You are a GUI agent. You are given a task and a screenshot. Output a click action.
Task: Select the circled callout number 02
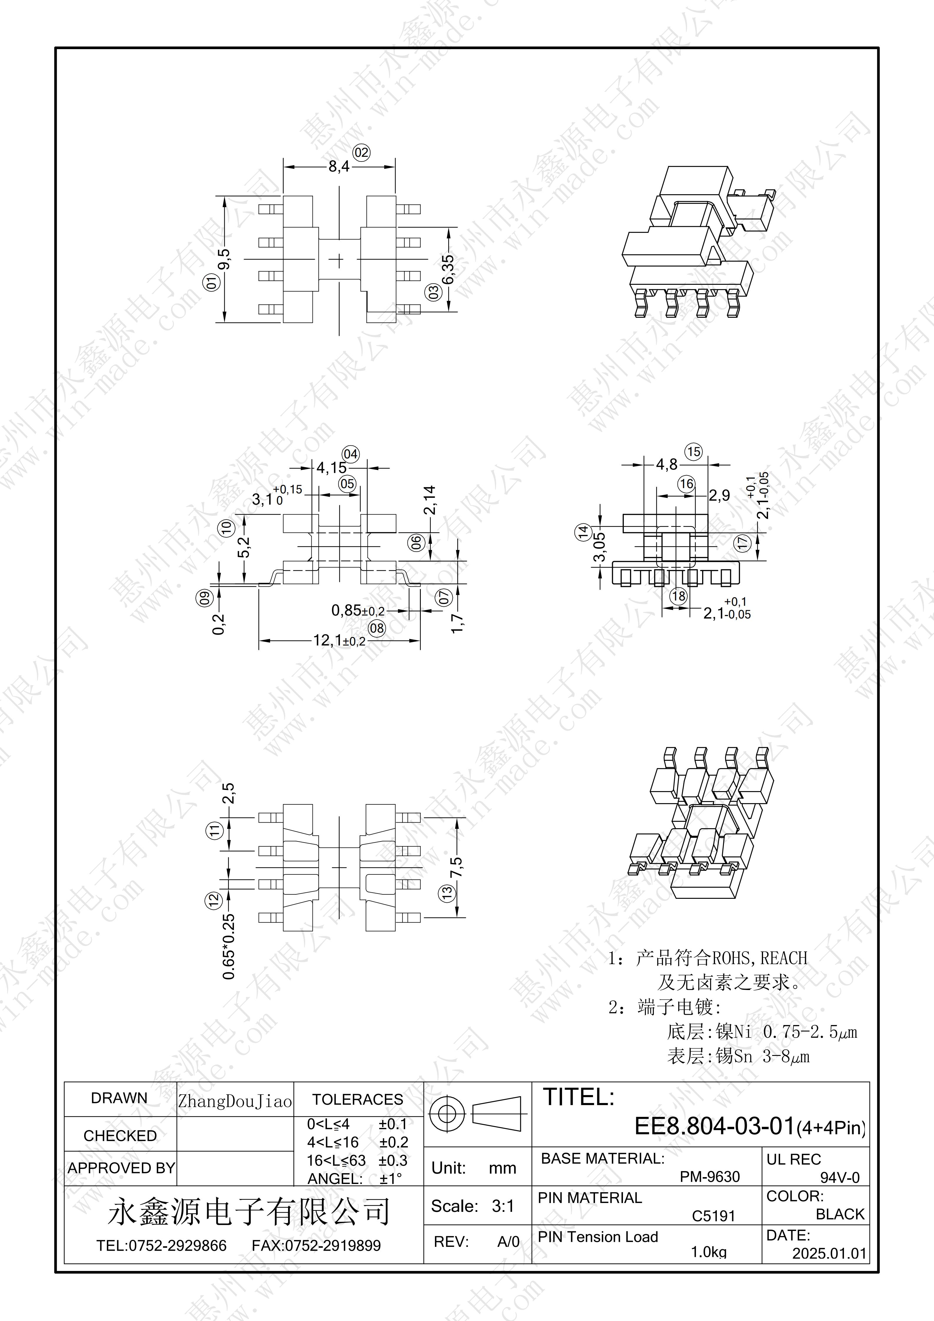361,152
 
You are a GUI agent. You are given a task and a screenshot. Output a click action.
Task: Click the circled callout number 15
694,452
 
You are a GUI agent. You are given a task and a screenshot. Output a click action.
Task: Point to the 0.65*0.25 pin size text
229,946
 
